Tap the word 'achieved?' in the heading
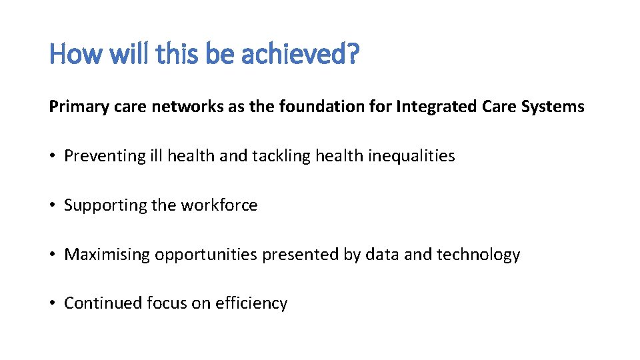pyautogui.click(x=300, y=53)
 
